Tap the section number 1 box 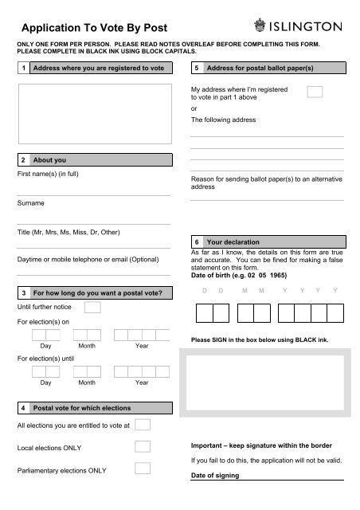23,69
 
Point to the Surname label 29,203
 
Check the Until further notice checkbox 92,307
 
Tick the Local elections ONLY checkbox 143,445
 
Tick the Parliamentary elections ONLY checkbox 143,469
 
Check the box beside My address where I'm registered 315,92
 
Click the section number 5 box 196,69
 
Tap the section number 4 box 23,407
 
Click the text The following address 223,120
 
